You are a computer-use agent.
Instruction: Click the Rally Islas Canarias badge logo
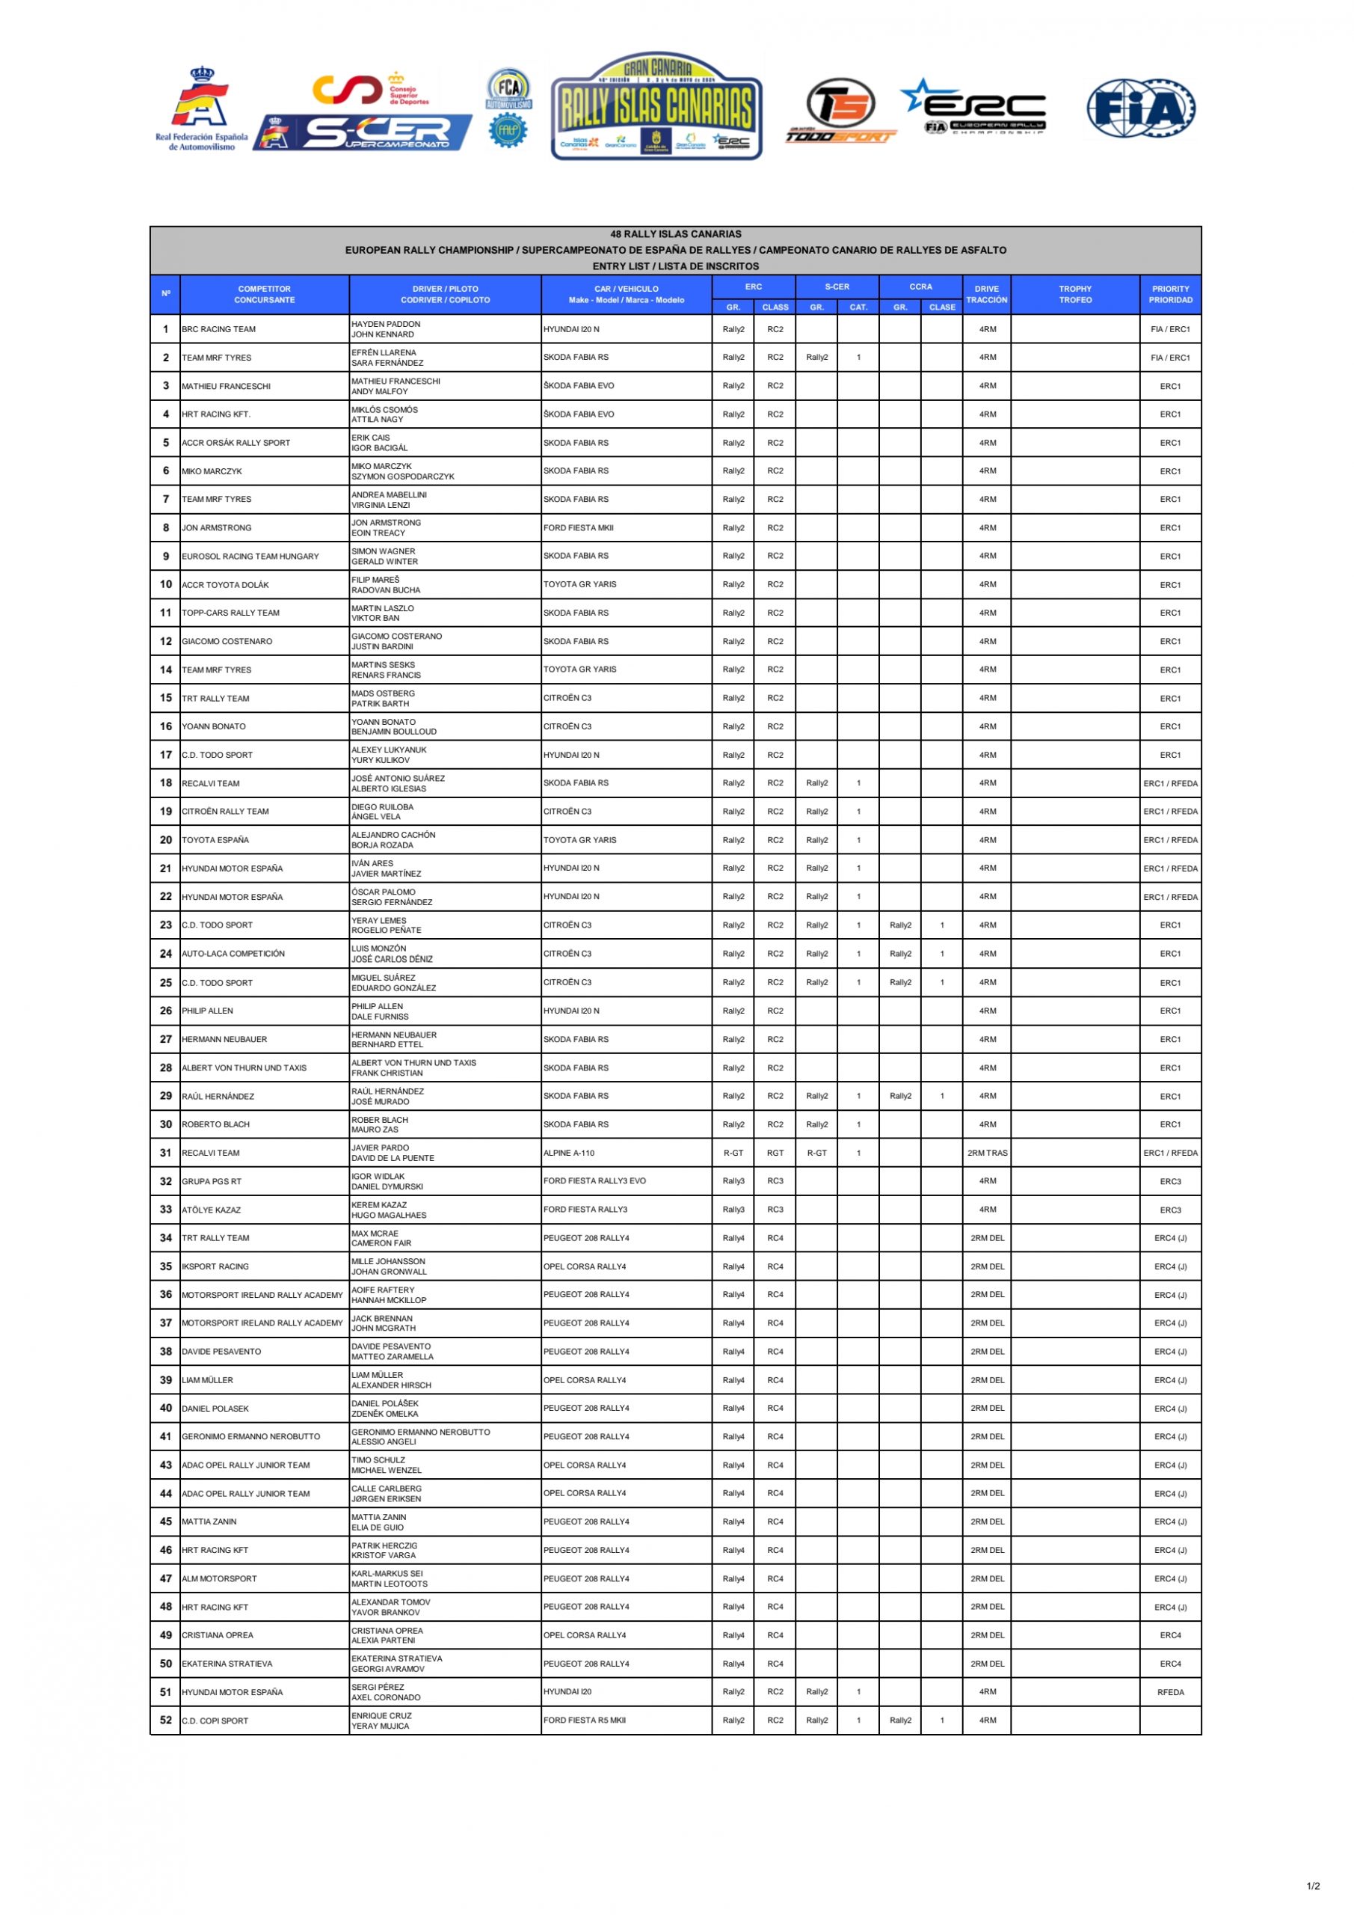click(x=656, y=107)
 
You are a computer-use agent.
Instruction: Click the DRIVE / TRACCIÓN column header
click(x=986, y=295)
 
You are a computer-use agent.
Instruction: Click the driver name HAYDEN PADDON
click(x=385, y=324)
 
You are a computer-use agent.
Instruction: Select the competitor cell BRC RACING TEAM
click(x=218, y=329)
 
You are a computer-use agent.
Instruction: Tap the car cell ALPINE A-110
click(x=569, y=1153)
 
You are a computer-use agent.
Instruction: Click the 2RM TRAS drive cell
click(x=987, y=1153)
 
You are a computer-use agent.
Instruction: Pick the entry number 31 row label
click(x=166, y=1153)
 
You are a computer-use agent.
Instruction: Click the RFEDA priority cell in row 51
click(x=1170, y=1692)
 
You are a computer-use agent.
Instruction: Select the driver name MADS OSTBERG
click(x=383, y=693)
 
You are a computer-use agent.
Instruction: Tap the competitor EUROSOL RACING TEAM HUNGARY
click(x=250, y=557)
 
